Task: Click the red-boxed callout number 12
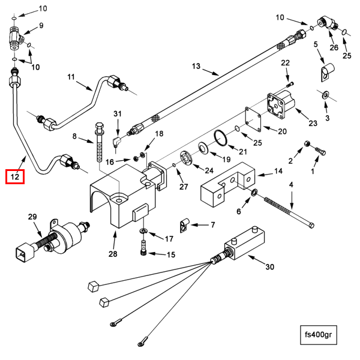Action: point(15,177)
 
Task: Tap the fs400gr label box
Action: point(319,335)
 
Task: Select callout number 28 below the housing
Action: point(113,254)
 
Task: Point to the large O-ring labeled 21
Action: point(221,138)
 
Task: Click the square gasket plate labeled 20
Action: point(253,119)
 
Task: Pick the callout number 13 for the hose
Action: point(196,66)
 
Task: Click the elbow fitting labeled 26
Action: point(327,23)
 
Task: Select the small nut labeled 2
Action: point(307,144)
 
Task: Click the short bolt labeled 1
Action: point(320,151)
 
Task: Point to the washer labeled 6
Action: point(254,193)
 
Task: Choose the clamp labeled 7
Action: point(184,225)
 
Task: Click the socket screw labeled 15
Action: point(143,247)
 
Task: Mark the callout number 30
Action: point(270,267)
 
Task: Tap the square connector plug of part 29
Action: point(25,252)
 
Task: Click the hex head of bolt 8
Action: point(99,127)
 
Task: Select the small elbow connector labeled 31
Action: point(116,143)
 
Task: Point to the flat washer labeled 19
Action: point(203,148)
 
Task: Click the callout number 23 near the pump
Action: point(313,123)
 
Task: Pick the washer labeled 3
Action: point(326,95)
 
